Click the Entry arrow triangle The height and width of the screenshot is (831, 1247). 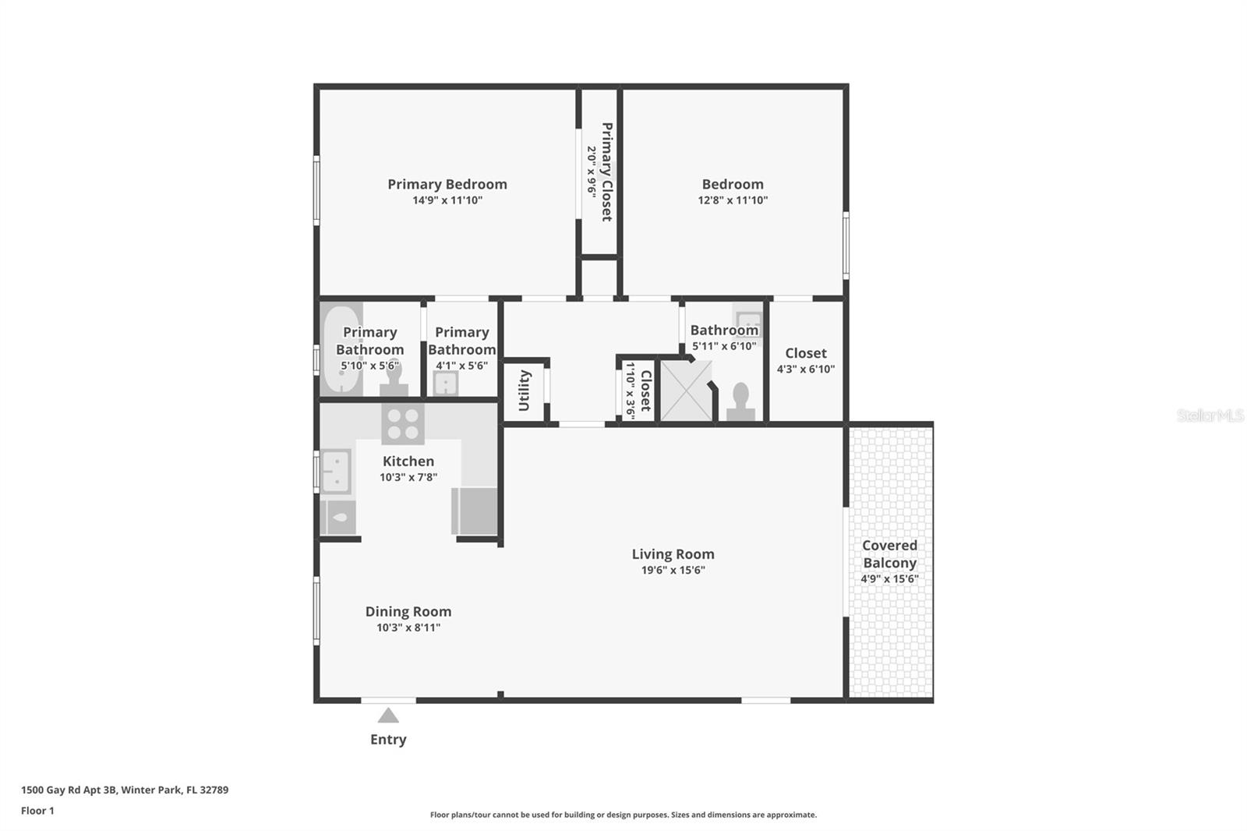(x=388, y=715)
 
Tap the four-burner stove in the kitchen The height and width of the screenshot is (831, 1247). (x=403, y=424)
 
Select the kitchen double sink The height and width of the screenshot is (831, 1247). (x=336, y=472)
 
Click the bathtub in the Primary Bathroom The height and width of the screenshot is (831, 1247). (x=341, y=348)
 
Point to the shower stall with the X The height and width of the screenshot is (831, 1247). (x=687, y=391)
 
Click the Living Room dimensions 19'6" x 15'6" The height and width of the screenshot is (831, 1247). (x=673, y=570)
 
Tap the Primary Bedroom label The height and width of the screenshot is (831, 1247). (x=447, y=184)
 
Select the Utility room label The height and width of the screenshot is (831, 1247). (x=524, y=391)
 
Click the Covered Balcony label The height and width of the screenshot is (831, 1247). (x=889, y=554)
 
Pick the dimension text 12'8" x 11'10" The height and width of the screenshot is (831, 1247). (x=733, y=200)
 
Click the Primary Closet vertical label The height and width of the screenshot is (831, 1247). (x=607, y=172)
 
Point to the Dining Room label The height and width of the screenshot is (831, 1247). (x=408, y=611)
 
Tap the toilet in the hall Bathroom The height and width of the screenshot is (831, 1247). (x=741, y=401)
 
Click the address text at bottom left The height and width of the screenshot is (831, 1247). (x=125, y=790)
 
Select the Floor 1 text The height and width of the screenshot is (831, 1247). (x=37, y=811)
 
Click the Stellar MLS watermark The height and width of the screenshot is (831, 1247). (x=1210, y=415)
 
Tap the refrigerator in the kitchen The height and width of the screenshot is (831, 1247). (x=475, y=511)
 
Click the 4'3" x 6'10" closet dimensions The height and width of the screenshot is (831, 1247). (x=806, y=369)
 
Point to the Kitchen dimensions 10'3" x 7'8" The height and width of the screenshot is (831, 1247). (x=408, y=477)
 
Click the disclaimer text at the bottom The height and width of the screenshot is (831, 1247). (x=623, y=815)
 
